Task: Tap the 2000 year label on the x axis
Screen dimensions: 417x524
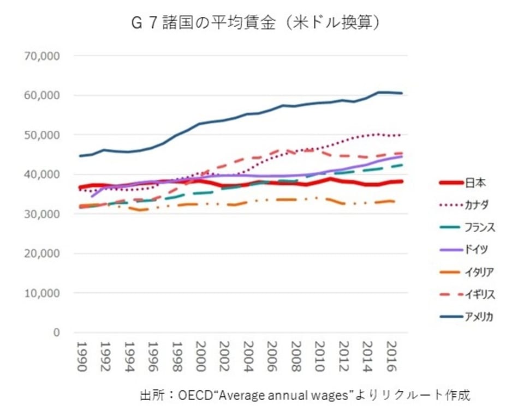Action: pyautogui.click(x=200, y=357)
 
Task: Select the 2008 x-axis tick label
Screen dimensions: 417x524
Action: pyautogui.click(x=295, y=357)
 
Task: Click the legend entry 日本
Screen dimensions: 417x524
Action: pyautogui.click(x=476, y=183)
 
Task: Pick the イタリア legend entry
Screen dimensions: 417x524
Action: pyautogui.click(x=480, y=272)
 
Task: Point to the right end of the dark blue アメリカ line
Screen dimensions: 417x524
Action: pyautogui.click(x=402, y=93)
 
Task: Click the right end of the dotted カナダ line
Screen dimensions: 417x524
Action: pyautogui.click(x=402, y=135)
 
